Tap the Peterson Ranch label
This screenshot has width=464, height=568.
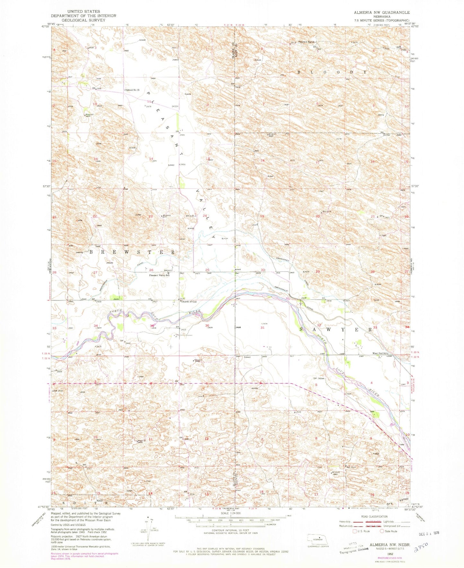307,42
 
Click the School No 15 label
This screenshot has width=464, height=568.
133,90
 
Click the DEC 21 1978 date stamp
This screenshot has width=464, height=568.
429,533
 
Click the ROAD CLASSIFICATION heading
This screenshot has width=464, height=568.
373,517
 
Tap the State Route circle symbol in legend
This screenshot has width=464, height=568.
382,531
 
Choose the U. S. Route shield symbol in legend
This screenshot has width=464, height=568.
355,531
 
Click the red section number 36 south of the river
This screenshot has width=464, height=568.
207,326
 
